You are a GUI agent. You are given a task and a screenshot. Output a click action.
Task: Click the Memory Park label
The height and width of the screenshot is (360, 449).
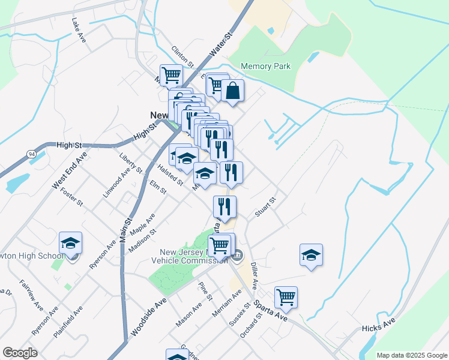click(265, 66)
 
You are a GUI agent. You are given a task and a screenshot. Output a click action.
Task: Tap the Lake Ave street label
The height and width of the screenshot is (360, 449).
click(79, 30)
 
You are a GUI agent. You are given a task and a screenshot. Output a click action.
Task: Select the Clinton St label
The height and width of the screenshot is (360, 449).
click(183, 56)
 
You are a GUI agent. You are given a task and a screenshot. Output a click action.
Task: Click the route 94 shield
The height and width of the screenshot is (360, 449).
click(31, 155)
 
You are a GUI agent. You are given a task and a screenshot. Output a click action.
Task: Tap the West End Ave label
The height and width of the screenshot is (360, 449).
click(70, 170)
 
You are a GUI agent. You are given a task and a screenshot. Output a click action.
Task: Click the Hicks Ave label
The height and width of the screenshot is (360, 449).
click(379, 328)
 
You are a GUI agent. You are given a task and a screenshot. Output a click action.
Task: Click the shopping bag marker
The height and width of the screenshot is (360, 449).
click(233, 91)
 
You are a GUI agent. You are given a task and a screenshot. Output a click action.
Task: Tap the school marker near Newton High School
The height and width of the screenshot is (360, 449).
click(70, 244)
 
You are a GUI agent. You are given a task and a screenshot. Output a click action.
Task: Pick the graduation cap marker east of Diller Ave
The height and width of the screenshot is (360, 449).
click(311, 255)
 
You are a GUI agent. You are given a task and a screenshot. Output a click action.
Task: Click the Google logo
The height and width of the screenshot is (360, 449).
click(20, 353)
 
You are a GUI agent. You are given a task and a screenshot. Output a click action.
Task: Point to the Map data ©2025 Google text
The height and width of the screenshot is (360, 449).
click(411, 355)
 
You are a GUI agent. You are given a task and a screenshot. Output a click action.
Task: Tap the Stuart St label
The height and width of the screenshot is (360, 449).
click(264, 208)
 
